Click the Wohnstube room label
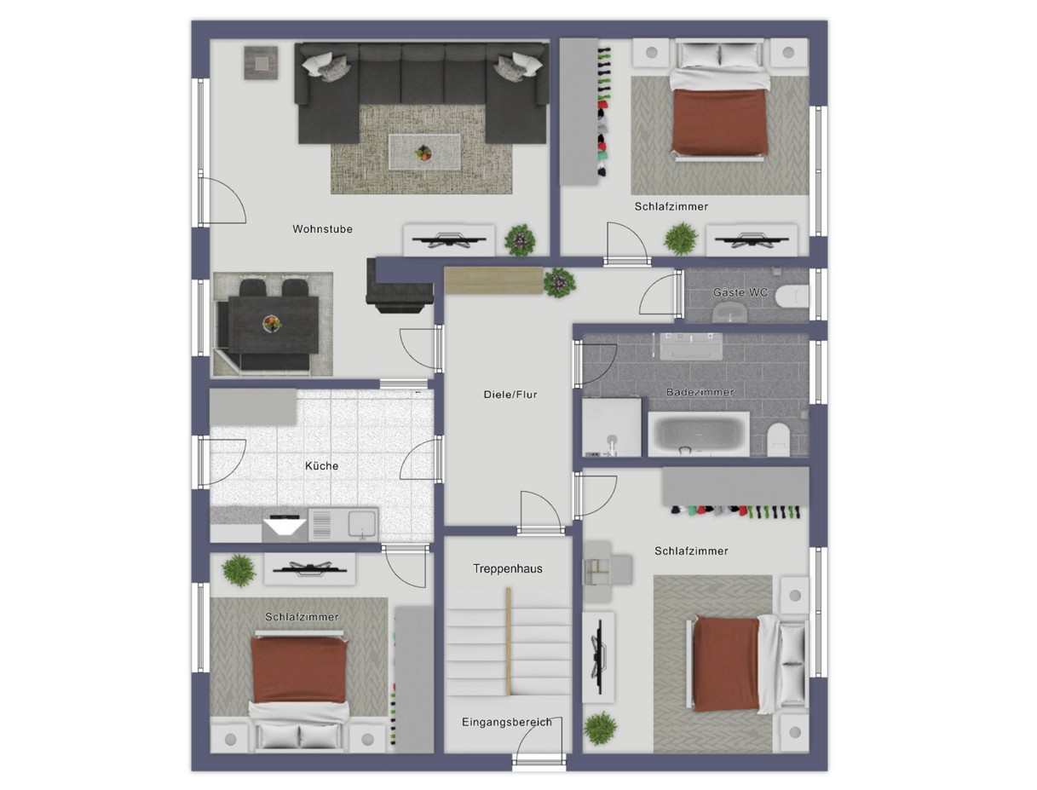click(322, 229)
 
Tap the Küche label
click(322, 466)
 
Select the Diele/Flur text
click(510, 395)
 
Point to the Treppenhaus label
click(507, 569)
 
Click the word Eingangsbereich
click(506, 723)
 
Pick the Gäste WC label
click(740, 293)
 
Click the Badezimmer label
click(700, 392)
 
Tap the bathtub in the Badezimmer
click(698, 434)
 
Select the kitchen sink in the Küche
click(362, 524)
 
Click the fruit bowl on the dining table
click(272, 324)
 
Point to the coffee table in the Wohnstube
click(424, 152)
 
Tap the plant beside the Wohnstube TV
click(520, 240)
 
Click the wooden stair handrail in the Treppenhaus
click(509, 641)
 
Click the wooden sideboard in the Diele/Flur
click(494, 280)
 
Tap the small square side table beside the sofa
click(262, 62)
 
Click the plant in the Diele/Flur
click(559, 283)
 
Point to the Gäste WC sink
click(730, 312)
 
